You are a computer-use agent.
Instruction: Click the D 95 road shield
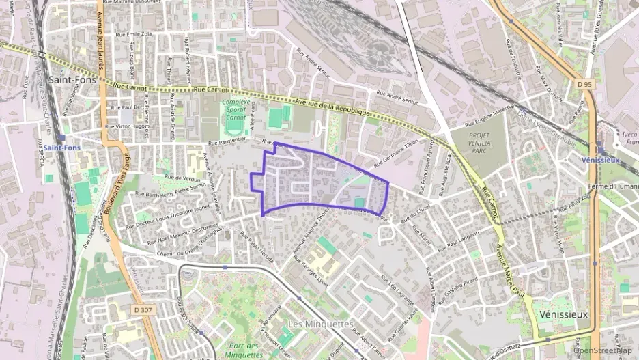click(582, 83)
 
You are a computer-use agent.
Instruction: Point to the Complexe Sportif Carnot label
click(235, 110)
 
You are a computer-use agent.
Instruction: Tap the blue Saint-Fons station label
click(50, 147)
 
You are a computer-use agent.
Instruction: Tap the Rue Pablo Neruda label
click(256, 244)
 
